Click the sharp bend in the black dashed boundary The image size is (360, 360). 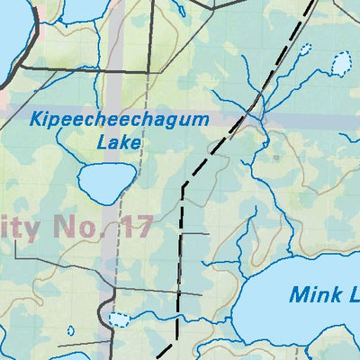184,187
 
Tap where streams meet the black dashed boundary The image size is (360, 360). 248,113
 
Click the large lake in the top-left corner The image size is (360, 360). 13,36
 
